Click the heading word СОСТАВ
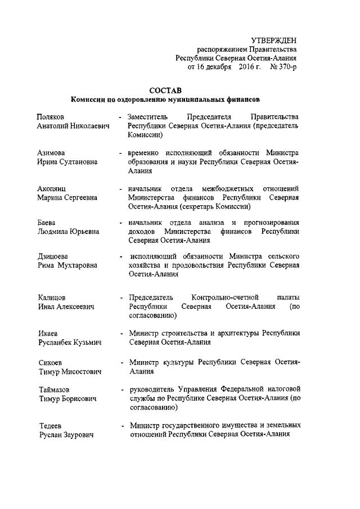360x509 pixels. click(164, 90)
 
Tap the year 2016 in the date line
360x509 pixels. click(243, 66)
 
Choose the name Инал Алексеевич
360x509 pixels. click(65, 307)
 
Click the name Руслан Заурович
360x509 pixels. click(65, 435)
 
